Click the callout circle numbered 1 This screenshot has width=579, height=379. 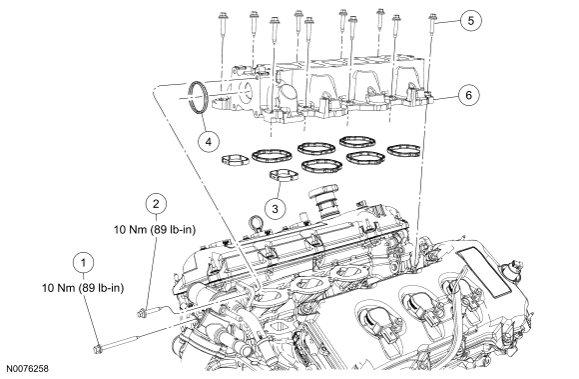click(84, 263)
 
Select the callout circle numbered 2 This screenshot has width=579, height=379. click(156, 203)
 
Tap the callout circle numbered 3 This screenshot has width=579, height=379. click(276, 209)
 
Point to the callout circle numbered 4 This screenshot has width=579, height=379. click(209, 142)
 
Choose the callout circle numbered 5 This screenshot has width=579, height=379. click(470, 20)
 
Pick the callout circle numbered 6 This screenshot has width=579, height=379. click(468, 95)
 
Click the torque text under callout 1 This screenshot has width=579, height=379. click(83, 288)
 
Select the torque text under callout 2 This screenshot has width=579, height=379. click(155, 230)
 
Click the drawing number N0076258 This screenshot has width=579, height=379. click(27, 369)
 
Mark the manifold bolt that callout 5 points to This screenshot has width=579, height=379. click(431, 26)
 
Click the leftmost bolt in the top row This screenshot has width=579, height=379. click(223, 25)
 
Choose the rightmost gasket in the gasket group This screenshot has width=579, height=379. click(404, 150)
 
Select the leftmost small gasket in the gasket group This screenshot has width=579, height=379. click(235, 160)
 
